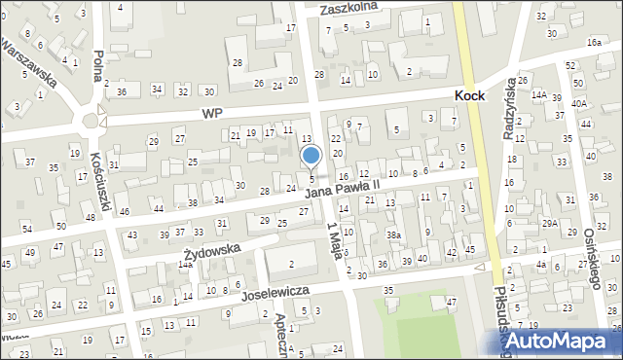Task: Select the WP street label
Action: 212,114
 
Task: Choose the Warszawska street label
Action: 29,63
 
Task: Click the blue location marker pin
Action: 311,156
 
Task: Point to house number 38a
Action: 393,235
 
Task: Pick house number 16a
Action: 594,44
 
